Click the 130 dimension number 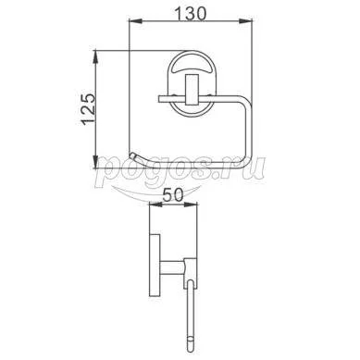click(x=190, y=13)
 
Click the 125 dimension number click(x=87, y=108)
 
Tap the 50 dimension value click(x=173, y=195)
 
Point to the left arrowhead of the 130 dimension click(x=135, y=21)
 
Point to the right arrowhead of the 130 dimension click(x=246, y=21)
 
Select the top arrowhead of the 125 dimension click(x=96, y=56)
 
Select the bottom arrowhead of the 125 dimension click(x=96, y=162)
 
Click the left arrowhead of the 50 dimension click(x=155, y=205)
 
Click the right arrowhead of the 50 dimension click(x=191, y=205)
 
